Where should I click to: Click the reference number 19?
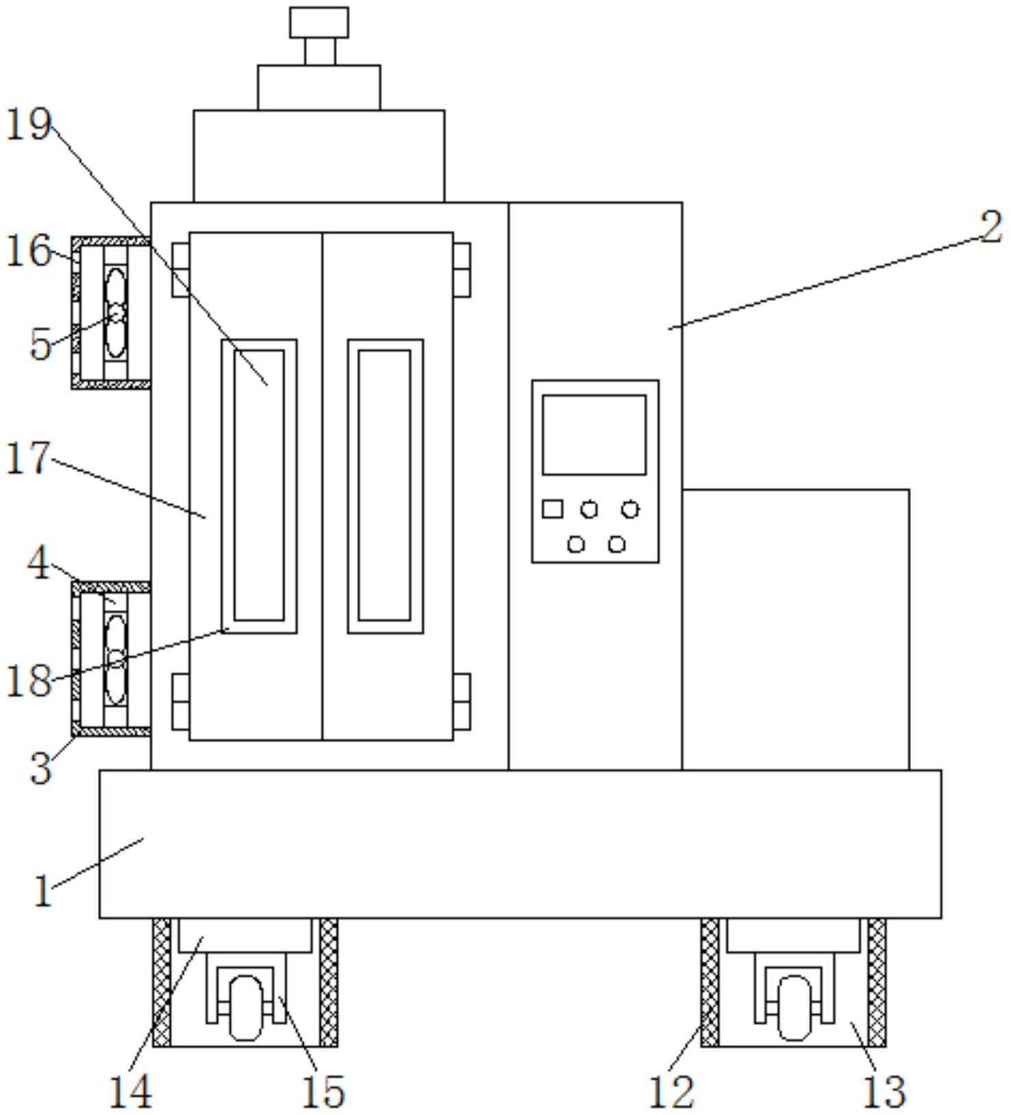(29, 125)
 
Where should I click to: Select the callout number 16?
(29, 250)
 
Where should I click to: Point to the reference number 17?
(29, 457)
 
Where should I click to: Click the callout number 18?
(29, 681)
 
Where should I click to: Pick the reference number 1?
(43, 892)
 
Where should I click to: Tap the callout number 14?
(131, 1091)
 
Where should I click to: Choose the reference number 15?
(323, 1091)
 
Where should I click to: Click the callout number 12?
(671, 1091)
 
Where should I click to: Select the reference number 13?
(884, 1091)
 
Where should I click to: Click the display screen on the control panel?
(594, 434)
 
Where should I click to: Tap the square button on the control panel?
(552, 509)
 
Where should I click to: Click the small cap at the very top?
(319, 22)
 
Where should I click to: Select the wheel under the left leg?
(245, 1007)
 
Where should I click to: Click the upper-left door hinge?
(180, 269)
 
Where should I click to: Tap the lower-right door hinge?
(462, 701)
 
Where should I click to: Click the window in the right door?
(385, 486)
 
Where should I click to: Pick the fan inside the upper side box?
(116, 313)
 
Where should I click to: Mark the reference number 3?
(41, 768)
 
